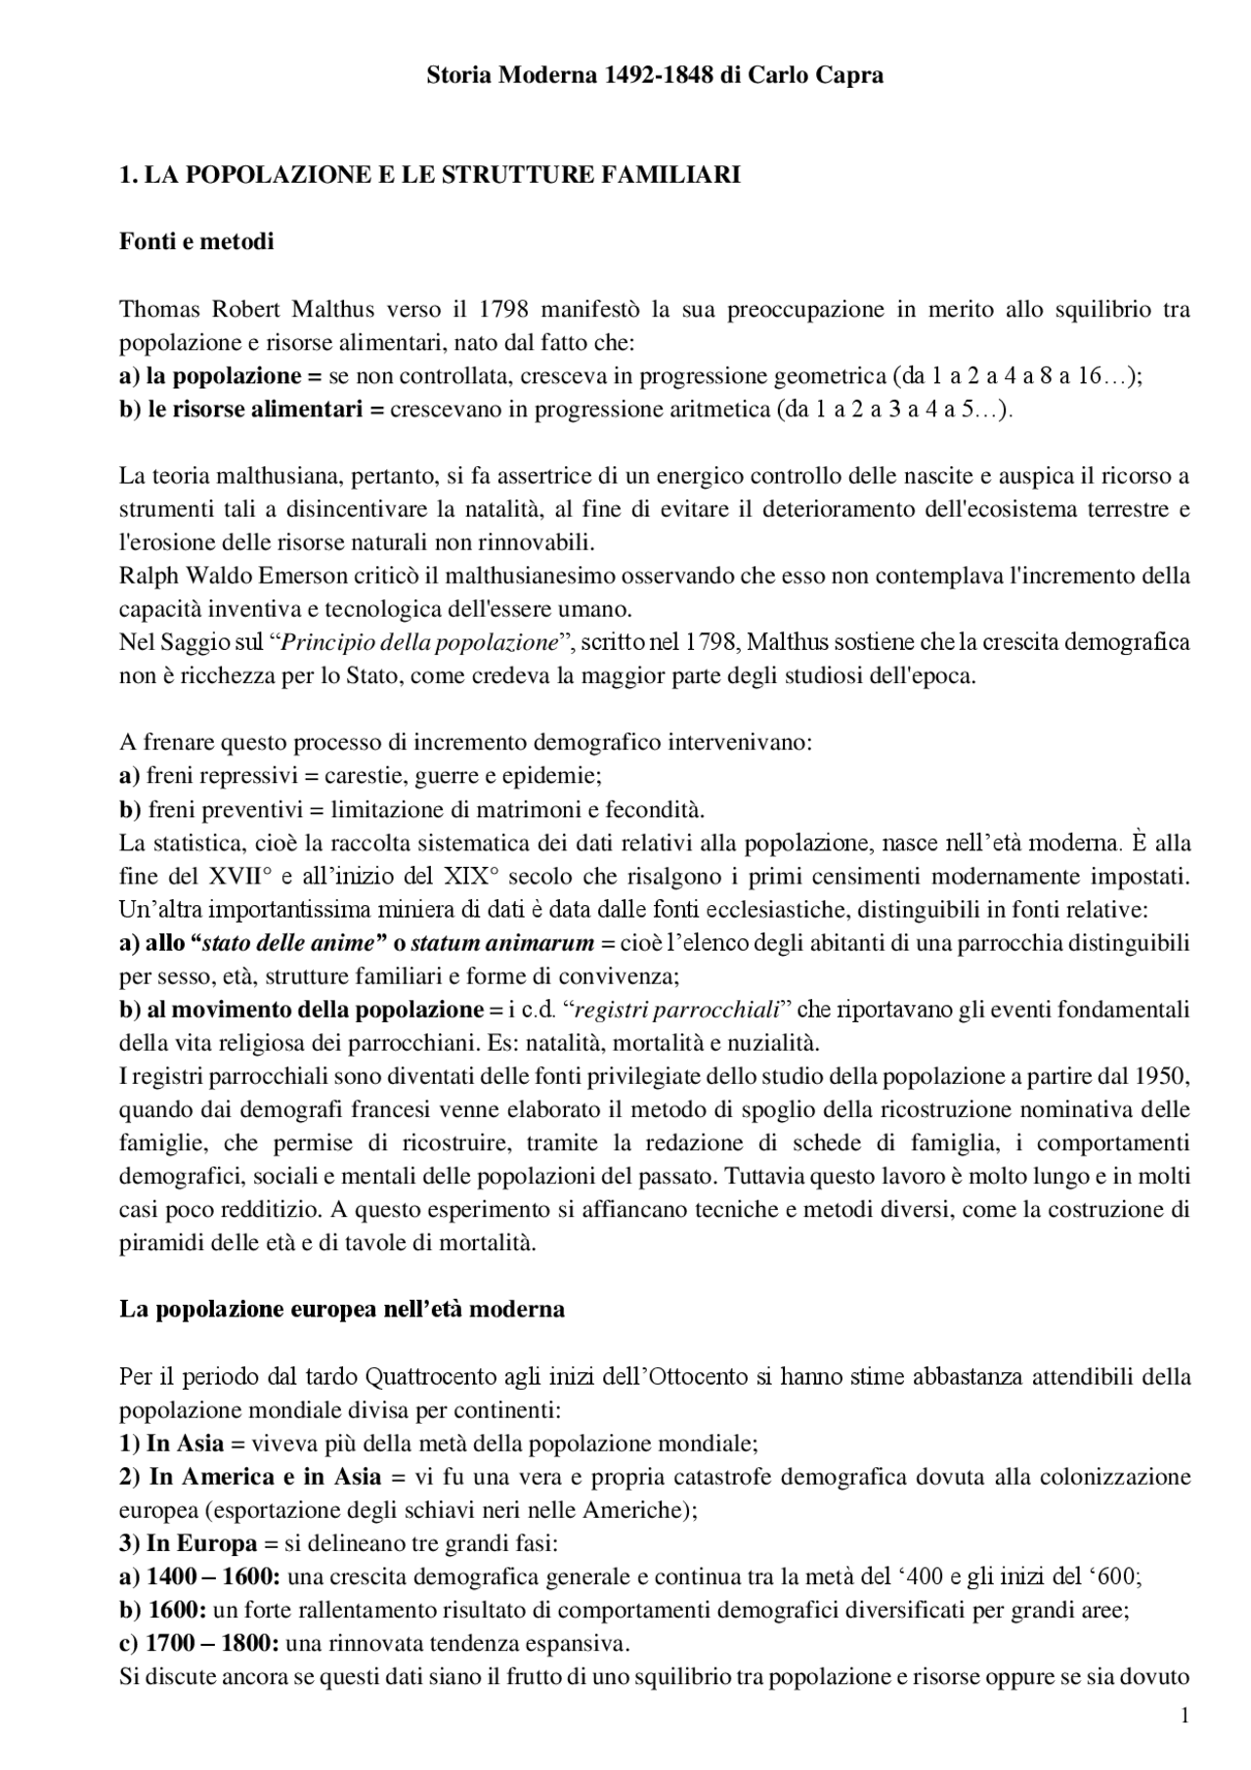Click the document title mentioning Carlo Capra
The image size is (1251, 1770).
click(x=655, y=75)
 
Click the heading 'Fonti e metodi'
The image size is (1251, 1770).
click(x=196, y=241)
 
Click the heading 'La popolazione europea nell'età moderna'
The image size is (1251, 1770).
click(x=342, y=1309)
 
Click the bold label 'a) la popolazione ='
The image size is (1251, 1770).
click(x=221, y=376)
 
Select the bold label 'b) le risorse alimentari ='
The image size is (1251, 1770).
click(x=252, y=410)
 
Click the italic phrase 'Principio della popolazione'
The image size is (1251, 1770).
click(x=418, y=643)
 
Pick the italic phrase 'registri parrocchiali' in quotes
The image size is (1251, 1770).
click(x=678, y=1010)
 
